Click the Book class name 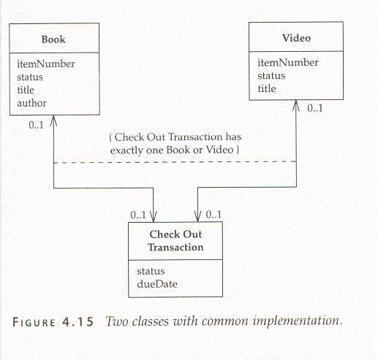click(53, 39)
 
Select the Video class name click(296, 38)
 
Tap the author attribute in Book click(31, 103)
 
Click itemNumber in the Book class click(46, 64)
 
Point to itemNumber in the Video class click(288, 63)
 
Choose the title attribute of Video click(267, 88)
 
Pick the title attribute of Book click(26, 90)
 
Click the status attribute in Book click(30, 77)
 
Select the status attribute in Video click(271, 76)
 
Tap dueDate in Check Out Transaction click(157, 284)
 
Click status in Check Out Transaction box click(151, 271)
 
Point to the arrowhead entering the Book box click(53, 120)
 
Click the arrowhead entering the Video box click(296, 105)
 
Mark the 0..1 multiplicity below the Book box click(36, 125)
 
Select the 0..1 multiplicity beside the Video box click(315, 108)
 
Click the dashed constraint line click(175, 162)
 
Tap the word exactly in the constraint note click(126, 150)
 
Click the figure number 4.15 click(78, 321)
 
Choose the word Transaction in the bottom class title click(175, 248)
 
